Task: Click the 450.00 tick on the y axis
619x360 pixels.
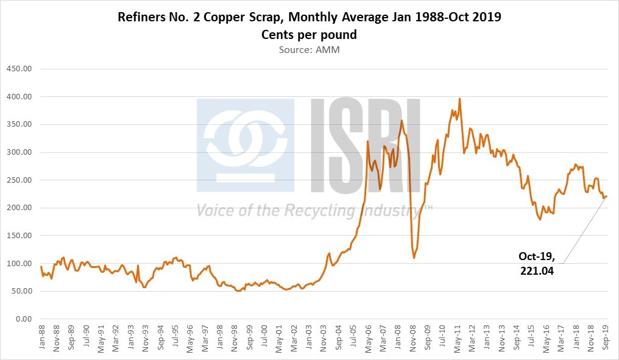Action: click(18, 68)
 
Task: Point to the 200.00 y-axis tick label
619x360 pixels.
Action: click(18, 208)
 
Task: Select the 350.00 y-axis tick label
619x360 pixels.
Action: click(18, 124)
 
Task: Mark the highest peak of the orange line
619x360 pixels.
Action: click(459, 98)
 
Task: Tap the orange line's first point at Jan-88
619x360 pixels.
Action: click(41, 266)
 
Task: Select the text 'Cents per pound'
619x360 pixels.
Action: click(309, 35)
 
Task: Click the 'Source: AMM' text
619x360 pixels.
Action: click(309, 49)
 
